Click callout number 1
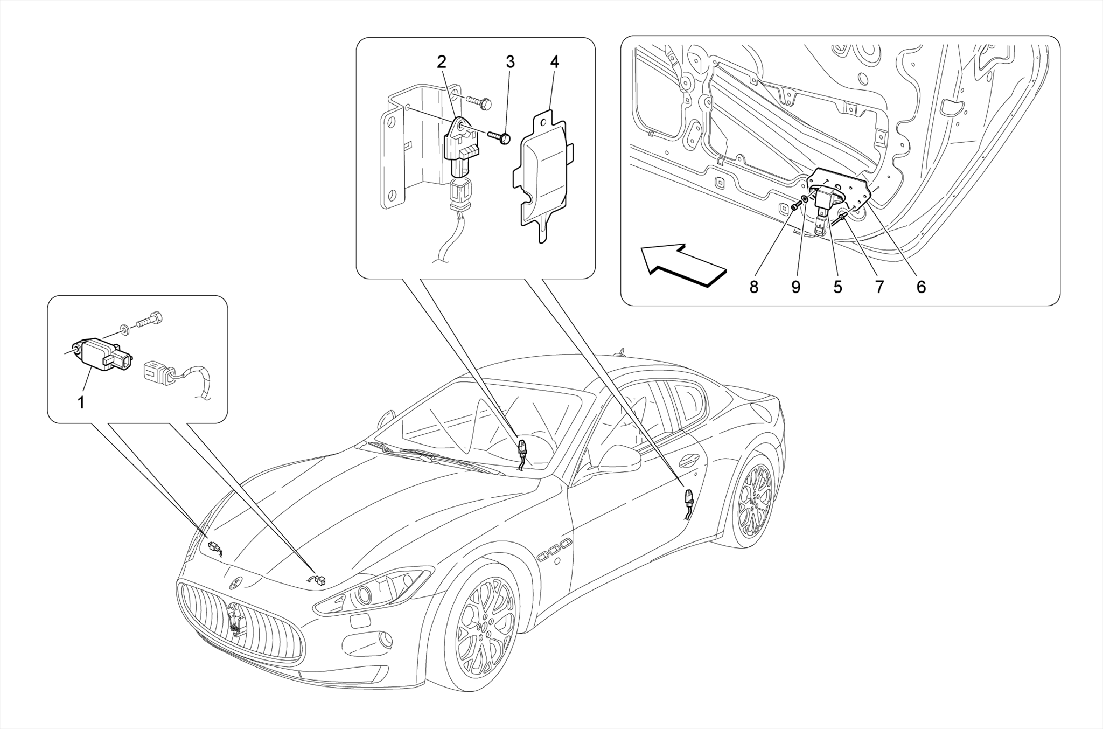coord(81,402)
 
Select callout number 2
coord(442,62)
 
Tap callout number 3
coord(510,62)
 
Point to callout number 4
coord(554,62)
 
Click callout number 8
coord(754,287)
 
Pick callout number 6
coord(921,287)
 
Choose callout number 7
coord(879,287)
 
